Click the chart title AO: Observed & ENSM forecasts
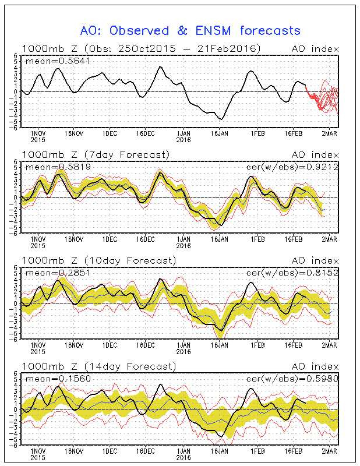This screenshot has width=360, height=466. click(190, 31)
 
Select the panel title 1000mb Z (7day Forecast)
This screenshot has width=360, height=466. click(96, 154)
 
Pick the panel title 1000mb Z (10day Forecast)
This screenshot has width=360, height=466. click(98, 260)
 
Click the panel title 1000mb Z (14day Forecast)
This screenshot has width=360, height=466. click(98, 366)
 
